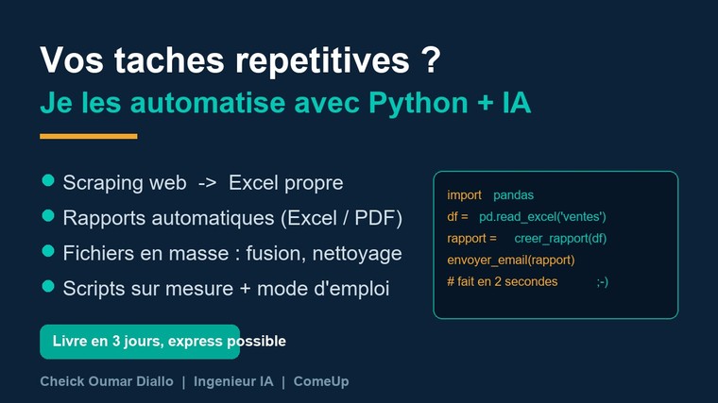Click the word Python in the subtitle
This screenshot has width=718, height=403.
[419, 104]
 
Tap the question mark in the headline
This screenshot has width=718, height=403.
[431, 59]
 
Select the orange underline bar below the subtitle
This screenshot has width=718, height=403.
[89, 136]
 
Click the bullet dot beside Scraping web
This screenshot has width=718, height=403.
[48, 180]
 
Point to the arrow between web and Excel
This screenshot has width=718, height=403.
[208, 183]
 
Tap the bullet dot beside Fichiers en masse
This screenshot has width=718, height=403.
[48, 251]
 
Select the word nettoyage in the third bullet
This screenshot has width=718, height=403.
[357, 254]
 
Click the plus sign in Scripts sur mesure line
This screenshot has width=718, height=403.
[245, 289]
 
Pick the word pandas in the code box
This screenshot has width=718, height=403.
[513, 195]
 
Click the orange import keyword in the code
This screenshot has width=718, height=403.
[464, 195]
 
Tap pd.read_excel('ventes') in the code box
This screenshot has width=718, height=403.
[542, 217]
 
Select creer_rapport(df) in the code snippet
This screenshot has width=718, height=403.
[560, 239]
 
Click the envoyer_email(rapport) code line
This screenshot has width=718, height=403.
[510, 260]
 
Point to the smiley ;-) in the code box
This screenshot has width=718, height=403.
[603, 282]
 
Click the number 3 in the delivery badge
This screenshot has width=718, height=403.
[116, 341]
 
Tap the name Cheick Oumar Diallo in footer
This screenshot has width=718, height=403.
[107, 381]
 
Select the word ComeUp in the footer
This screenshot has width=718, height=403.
[321, 381]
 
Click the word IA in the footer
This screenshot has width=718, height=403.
[266, 381]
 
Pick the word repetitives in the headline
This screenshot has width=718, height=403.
[322, 60]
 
